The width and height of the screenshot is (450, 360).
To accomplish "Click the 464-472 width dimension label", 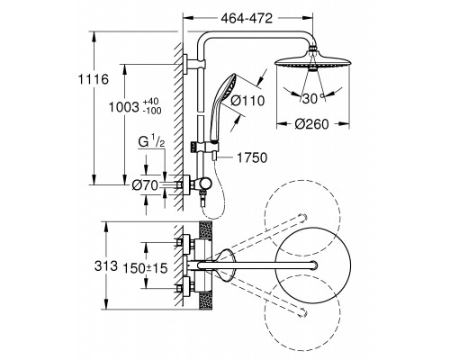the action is coord(247,19).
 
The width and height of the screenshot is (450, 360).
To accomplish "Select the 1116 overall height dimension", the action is coord(93,80).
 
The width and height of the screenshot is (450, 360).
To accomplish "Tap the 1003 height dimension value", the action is coord(124,107).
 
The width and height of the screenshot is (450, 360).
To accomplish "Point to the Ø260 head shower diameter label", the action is coord(311,123).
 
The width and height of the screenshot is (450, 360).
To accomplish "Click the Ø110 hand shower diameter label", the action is coord(247,101).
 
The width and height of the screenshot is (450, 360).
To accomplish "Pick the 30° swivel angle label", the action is coord(313,98).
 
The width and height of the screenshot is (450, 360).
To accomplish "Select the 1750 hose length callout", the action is coord(252,157).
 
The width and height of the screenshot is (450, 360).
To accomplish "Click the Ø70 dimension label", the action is coord(145,185).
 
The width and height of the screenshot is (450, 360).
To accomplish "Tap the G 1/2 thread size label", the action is coord(152,141).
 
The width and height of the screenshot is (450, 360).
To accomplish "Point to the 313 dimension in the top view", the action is coord(106,265).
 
